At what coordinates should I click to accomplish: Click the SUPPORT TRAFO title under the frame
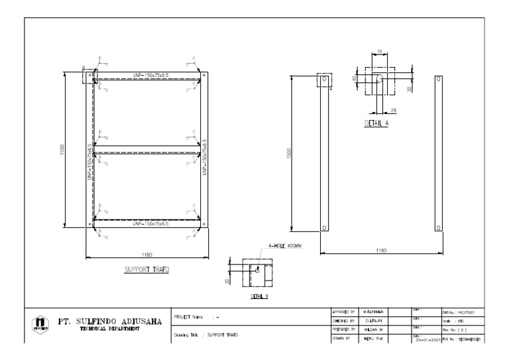[x=146, y=270]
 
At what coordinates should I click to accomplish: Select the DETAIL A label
[x=376, y=124]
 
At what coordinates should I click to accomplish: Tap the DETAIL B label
[x=258, y=296]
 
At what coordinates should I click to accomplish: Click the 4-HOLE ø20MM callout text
[x=285, y=247]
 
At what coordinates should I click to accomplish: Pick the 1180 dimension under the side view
[x=380, y=250]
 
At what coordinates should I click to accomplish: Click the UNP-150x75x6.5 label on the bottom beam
[x=150, y=224]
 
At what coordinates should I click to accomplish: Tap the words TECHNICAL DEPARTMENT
[x=110, y=329]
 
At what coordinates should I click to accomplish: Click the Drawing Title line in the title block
[x=206, y=335]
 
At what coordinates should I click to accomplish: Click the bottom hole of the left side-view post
[x=324, y=227]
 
